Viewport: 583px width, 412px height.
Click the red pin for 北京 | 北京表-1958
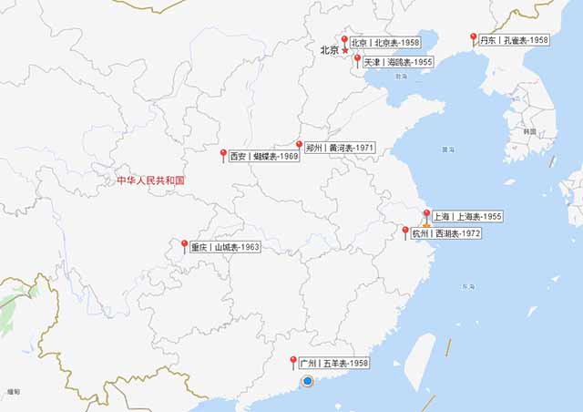344,40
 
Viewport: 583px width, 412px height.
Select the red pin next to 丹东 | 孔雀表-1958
473,38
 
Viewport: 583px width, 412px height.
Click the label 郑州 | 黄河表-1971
339,147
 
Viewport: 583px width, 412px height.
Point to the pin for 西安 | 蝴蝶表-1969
223,154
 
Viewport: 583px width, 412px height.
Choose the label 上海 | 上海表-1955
466,217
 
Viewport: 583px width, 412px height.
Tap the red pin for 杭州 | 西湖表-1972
405,232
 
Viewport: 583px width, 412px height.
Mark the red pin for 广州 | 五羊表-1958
293,361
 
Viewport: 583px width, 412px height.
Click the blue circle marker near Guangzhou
308,380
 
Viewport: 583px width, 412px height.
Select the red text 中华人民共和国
150,180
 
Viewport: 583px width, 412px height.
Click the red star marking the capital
345,51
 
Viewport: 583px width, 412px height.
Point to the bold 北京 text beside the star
329,50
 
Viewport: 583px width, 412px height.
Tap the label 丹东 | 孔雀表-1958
514,40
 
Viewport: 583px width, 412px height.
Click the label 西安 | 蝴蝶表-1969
264,156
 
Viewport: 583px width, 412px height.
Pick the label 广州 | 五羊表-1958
334,363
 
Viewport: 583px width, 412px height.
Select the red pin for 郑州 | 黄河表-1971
299,145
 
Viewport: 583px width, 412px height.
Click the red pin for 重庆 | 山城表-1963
184,245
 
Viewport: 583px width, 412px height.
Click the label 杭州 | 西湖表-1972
445,233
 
